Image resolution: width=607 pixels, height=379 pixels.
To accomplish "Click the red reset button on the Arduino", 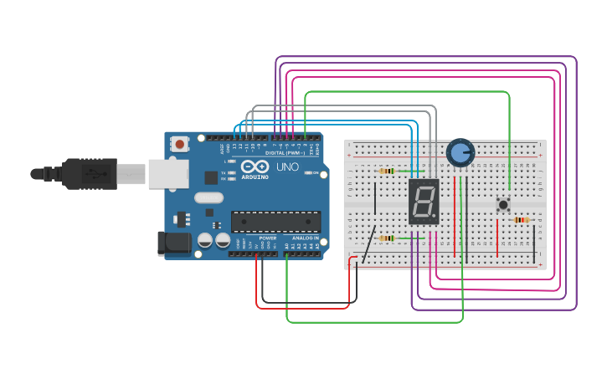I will [x=179, y=144].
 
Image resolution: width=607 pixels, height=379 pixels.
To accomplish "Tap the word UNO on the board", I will [x=287, y=166].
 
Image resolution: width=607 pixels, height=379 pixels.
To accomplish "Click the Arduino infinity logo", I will [x=255, y=166].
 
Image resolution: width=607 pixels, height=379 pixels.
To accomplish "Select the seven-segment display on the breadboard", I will [x=424, y=201].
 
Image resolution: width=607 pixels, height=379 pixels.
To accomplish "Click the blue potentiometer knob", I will [x=460, y=152].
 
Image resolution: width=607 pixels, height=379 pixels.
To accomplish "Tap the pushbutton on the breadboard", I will [x=502, y=204].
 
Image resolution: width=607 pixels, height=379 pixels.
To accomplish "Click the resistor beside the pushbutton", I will [x=521, y=220].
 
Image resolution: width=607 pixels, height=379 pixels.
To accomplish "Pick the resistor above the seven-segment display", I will [x=387, y=171].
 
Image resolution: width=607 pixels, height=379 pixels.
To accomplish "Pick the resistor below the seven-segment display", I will [x=387, y=238].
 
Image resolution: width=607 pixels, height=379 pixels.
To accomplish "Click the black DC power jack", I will [x=171, y=243].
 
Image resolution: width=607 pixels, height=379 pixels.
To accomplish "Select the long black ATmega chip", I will [x=275, y=222].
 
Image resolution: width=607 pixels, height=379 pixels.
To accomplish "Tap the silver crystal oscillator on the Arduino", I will [x=208, y=198].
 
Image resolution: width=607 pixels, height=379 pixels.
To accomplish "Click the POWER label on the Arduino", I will [x=267, y=238].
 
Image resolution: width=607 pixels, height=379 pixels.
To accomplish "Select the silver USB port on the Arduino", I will [x=168, y=174].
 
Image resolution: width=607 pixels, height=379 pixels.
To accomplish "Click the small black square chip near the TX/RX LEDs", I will [x=211, y=177].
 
